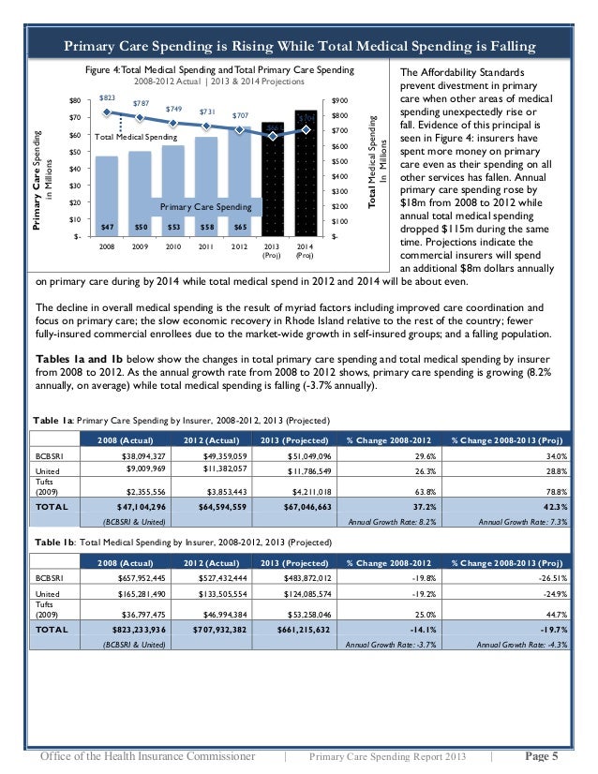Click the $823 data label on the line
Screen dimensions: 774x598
click(x=107, y=97)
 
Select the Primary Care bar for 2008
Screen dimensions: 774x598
click(x=107, y=192)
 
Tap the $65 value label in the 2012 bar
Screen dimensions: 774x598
click(x=241, y=227)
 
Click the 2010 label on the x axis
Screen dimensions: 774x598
click(x=173, y=247)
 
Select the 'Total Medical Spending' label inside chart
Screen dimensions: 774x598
click(x=136, y=138)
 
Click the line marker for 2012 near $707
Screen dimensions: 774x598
click(x=241, y=129)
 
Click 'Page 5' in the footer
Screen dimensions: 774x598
click(x=542, y=756)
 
